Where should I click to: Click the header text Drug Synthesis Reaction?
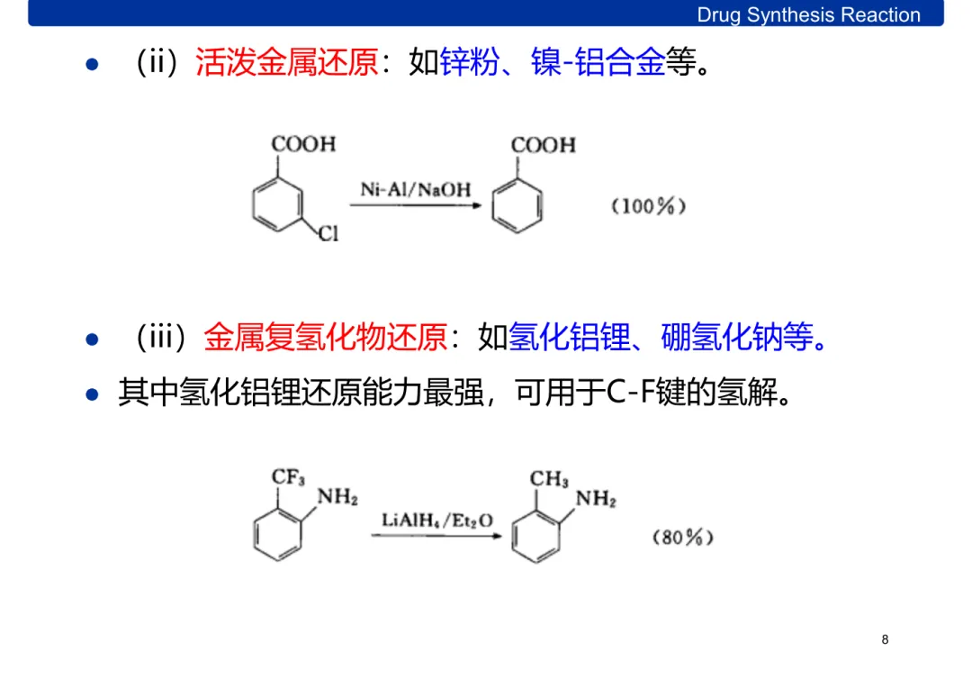tap(808, 14)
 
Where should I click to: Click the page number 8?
tap(885, 639)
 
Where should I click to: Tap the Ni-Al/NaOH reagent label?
tap(415, 189)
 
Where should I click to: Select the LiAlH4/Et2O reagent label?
tap(436, 521)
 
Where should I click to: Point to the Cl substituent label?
tap(328, 234)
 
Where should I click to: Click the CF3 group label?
tap(288, 477)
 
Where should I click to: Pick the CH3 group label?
tap(549, 478)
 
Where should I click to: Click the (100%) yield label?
tap(649, 206)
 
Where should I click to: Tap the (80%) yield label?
tap(682, 538)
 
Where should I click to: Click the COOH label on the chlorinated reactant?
tap(303, 144)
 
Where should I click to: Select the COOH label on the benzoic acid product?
tap(543, 145)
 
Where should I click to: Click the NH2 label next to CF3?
tap(338, 498)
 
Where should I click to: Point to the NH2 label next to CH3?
tap(596, 499)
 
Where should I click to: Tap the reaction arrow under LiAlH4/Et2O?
tap(436, 537)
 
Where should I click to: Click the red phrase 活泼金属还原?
tap(286, 64)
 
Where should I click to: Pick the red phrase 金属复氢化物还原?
tap(325, 338)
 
